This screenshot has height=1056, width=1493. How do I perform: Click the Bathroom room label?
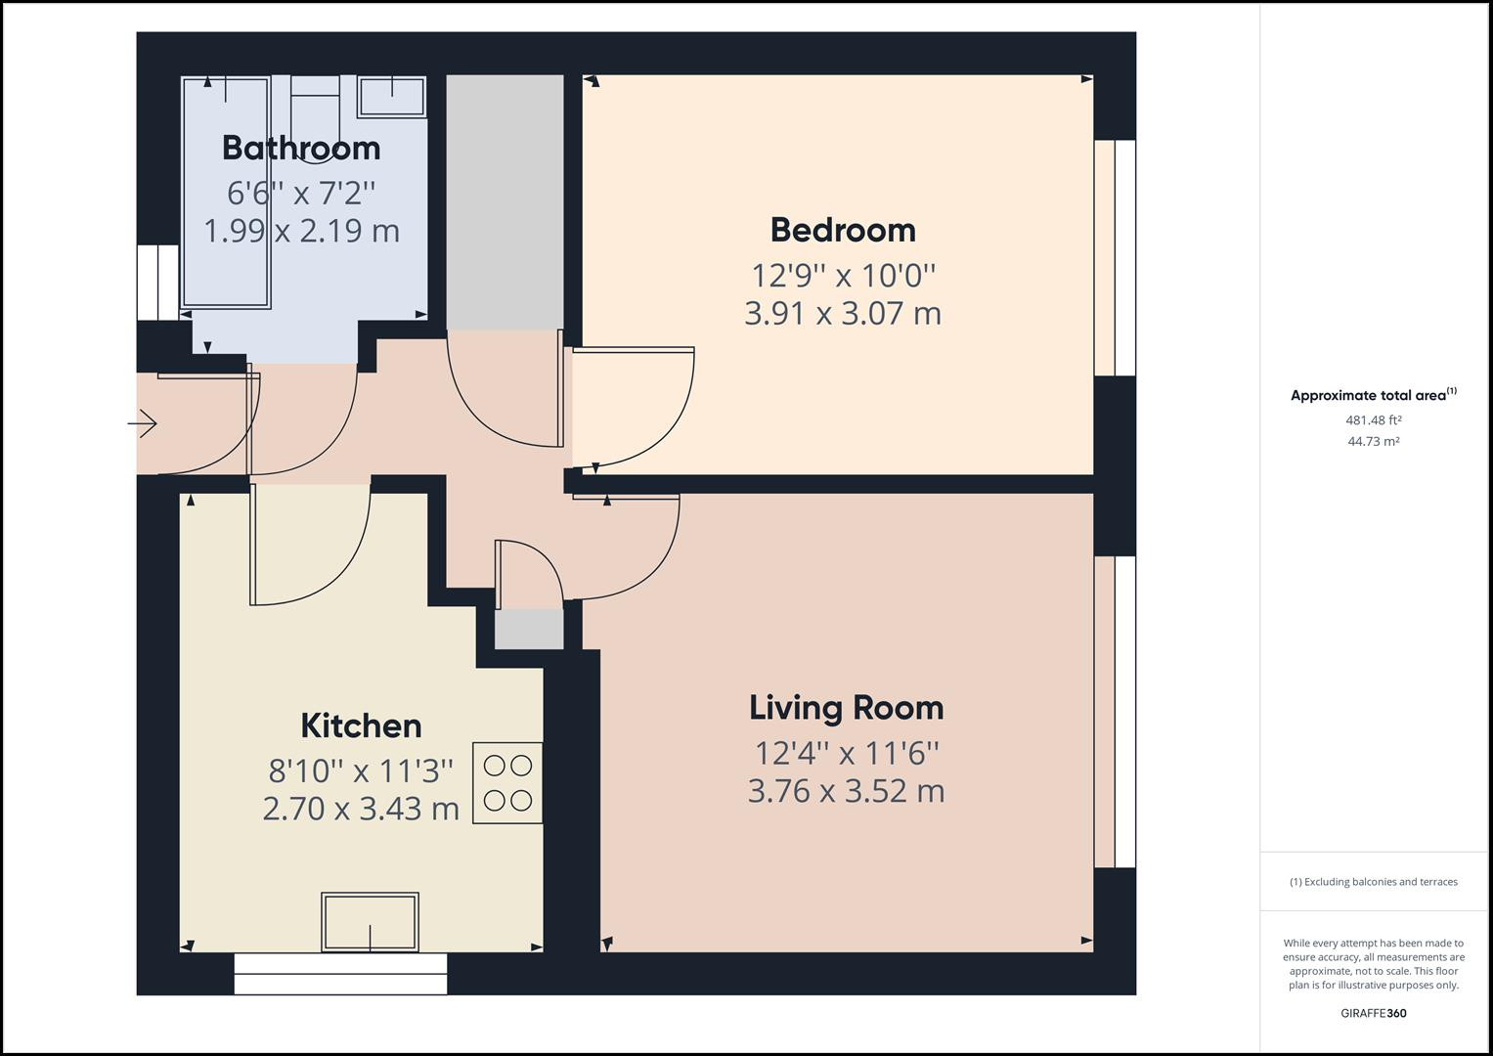[301, 148]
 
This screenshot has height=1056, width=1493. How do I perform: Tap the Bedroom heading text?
[843, 230]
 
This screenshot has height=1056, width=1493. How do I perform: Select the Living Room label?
[847, 707]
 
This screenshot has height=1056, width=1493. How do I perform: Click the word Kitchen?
[361, 726]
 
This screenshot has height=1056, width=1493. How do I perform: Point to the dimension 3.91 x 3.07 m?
[843, 313]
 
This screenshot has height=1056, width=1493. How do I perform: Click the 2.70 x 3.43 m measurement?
[361, 809]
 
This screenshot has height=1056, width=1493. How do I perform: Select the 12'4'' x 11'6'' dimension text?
[847, 753]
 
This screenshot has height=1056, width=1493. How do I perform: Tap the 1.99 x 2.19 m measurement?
[301, 231]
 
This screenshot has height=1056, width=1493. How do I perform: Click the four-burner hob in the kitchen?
[507, 782]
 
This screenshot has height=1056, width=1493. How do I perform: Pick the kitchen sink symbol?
[370, 921]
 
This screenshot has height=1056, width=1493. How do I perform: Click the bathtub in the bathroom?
[226, 192]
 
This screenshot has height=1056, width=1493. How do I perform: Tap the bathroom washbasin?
[393, 98]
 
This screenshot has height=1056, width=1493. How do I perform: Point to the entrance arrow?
[142, 423]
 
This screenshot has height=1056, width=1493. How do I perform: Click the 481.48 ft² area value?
[1373, 420]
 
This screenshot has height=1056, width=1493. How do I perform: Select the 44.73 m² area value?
[1373, 441]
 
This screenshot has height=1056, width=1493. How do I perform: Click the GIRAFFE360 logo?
[1373, 1013]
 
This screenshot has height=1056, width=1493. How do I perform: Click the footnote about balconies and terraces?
[1373, 881]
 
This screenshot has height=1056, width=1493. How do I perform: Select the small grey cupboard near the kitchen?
[529, 629]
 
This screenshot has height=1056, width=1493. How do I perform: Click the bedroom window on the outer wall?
[1115, 258]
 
